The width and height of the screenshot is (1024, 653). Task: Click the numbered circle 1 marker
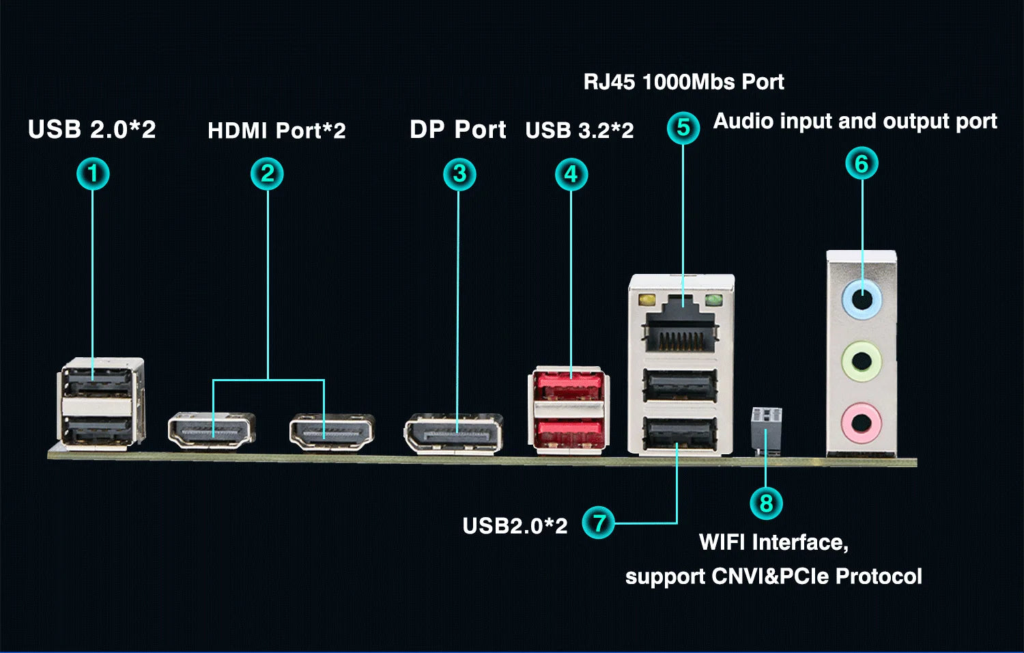93,173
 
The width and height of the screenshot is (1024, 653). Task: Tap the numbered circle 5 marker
683,128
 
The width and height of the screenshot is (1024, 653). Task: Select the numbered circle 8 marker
766,503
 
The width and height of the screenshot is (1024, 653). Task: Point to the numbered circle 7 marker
599,523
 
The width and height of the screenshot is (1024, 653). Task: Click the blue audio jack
862,301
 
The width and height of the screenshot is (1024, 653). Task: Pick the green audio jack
862,360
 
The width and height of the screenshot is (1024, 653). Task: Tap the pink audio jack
862,422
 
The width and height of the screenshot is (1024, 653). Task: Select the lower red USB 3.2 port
568,433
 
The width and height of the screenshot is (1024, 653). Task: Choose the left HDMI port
212,430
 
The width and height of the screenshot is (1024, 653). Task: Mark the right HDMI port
332,432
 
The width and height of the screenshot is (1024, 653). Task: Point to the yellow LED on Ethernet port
646,299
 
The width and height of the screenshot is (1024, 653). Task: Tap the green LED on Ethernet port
713,299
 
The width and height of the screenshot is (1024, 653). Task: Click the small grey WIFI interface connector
766,427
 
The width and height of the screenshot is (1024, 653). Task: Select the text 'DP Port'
457,130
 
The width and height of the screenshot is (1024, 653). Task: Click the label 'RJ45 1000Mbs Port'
683,82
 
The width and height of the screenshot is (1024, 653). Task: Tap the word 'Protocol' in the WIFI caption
879,576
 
